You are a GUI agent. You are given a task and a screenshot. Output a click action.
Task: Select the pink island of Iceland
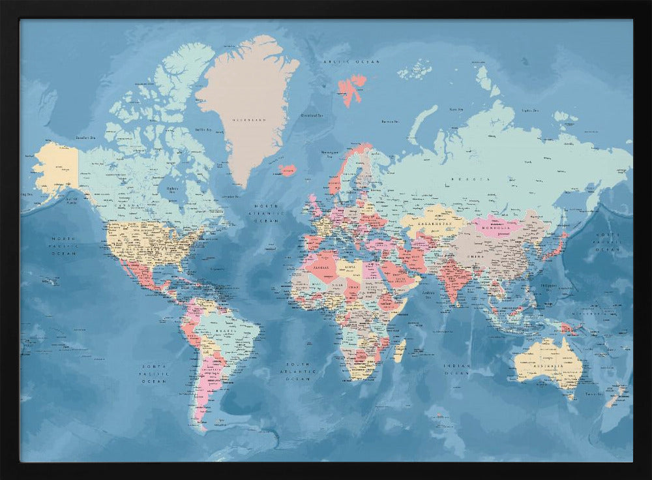coord(287,170)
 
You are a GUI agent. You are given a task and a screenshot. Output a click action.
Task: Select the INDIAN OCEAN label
coord(456,370)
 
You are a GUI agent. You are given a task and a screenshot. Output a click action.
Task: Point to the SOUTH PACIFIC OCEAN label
coord(155,373)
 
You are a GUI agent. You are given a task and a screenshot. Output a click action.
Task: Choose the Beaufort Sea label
coord(85,138)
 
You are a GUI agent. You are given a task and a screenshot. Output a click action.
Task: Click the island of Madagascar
coord(400,350)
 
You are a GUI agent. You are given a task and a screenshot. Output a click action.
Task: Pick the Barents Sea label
coord(390,121)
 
